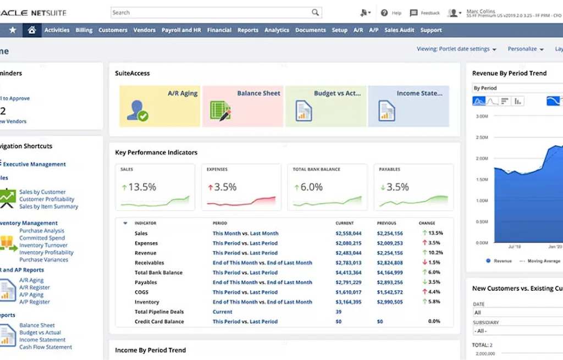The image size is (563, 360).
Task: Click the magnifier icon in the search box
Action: (315, 13)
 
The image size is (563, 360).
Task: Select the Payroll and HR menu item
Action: (181, 30)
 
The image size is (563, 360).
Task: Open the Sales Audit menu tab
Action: (399, 30)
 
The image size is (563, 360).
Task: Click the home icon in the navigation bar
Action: (32, 30)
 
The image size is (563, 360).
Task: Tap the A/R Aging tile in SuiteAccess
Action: (159, 106)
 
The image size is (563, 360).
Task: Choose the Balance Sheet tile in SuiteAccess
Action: (242, 106)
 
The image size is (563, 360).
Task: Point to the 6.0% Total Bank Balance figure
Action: (311, 187)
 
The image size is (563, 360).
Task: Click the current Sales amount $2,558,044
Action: (349, 234)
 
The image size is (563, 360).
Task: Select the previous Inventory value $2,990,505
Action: (390, 302)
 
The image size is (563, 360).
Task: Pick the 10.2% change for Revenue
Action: (435, 253)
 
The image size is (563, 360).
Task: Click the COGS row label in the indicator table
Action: (141, 292)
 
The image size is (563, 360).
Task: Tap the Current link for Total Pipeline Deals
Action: (222, 312)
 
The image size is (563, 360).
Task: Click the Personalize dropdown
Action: (525, 49)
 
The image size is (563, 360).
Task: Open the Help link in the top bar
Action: (391, 13)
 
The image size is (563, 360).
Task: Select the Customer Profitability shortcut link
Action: (47, 200)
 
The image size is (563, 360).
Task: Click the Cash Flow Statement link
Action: (46, 347)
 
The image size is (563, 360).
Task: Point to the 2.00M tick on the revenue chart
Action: (481, 158)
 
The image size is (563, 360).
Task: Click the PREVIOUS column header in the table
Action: (387, 223)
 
